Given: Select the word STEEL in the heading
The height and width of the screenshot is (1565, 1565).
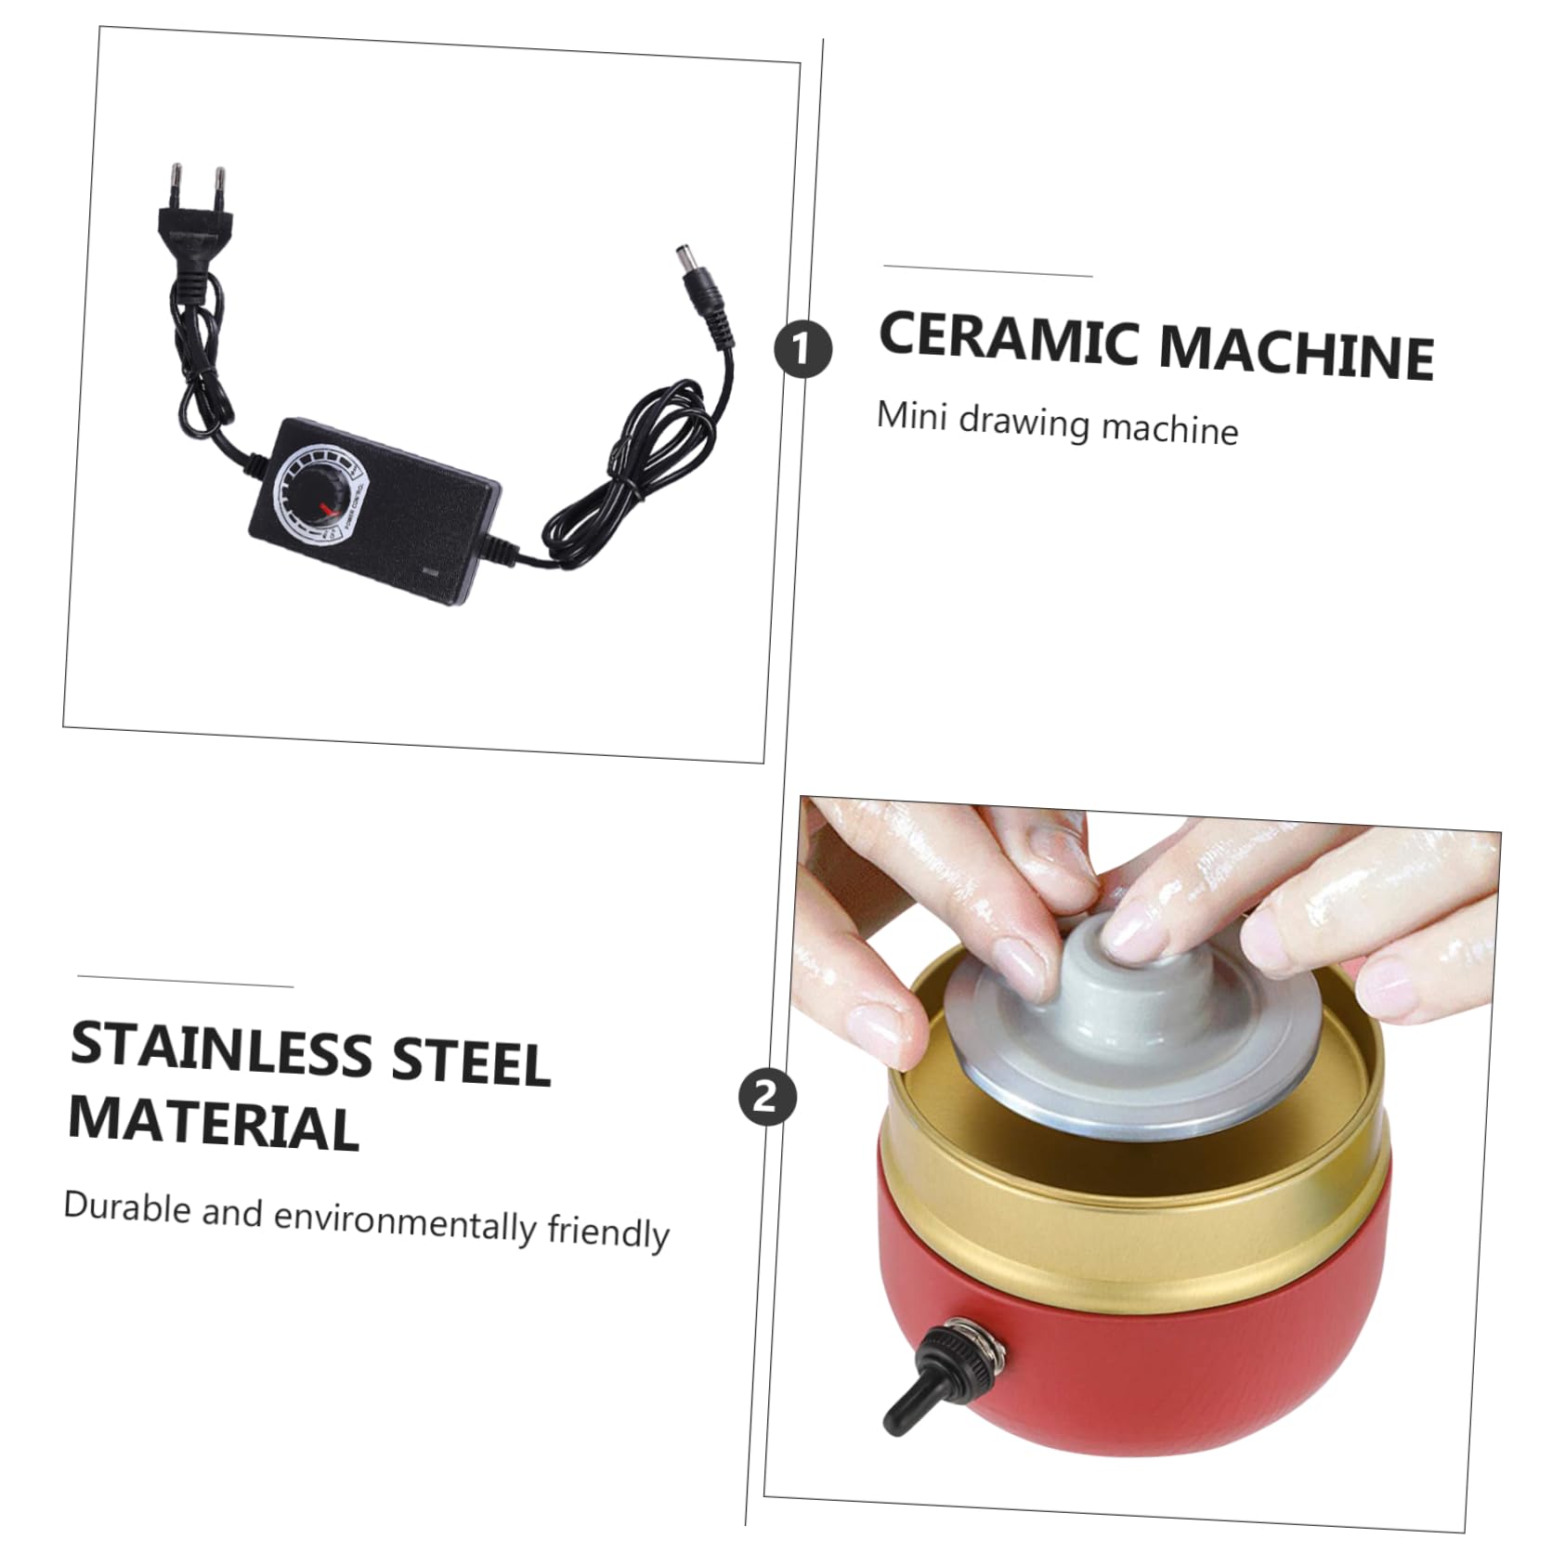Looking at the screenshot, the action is pyautogui.click(x=471, y=1062).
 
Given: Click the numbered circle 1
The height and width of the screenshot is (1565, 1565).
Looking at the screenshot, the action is pyautogui.click(x=803, y=349).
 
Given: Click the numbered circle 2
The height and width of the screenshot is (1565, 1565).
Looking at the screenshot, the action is pyautogui.click(x=767, y=1098).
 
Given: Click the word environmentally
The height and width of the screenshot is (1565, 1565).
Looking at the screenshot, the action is pyautogui.click(x=405, y=1221).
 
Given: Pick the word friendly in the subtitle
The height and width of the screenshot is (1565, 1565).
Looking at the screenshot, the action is pyautogui.click(x=608, y=1232).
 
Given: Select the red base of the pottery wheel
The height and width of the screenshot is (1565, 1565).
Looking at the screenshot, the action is pyautogui.click(x=1128, y=1356).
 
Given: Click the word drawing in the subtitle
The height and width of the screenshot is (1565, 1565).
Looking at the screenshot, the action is pyautogui.click(x=1024, y=423).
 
